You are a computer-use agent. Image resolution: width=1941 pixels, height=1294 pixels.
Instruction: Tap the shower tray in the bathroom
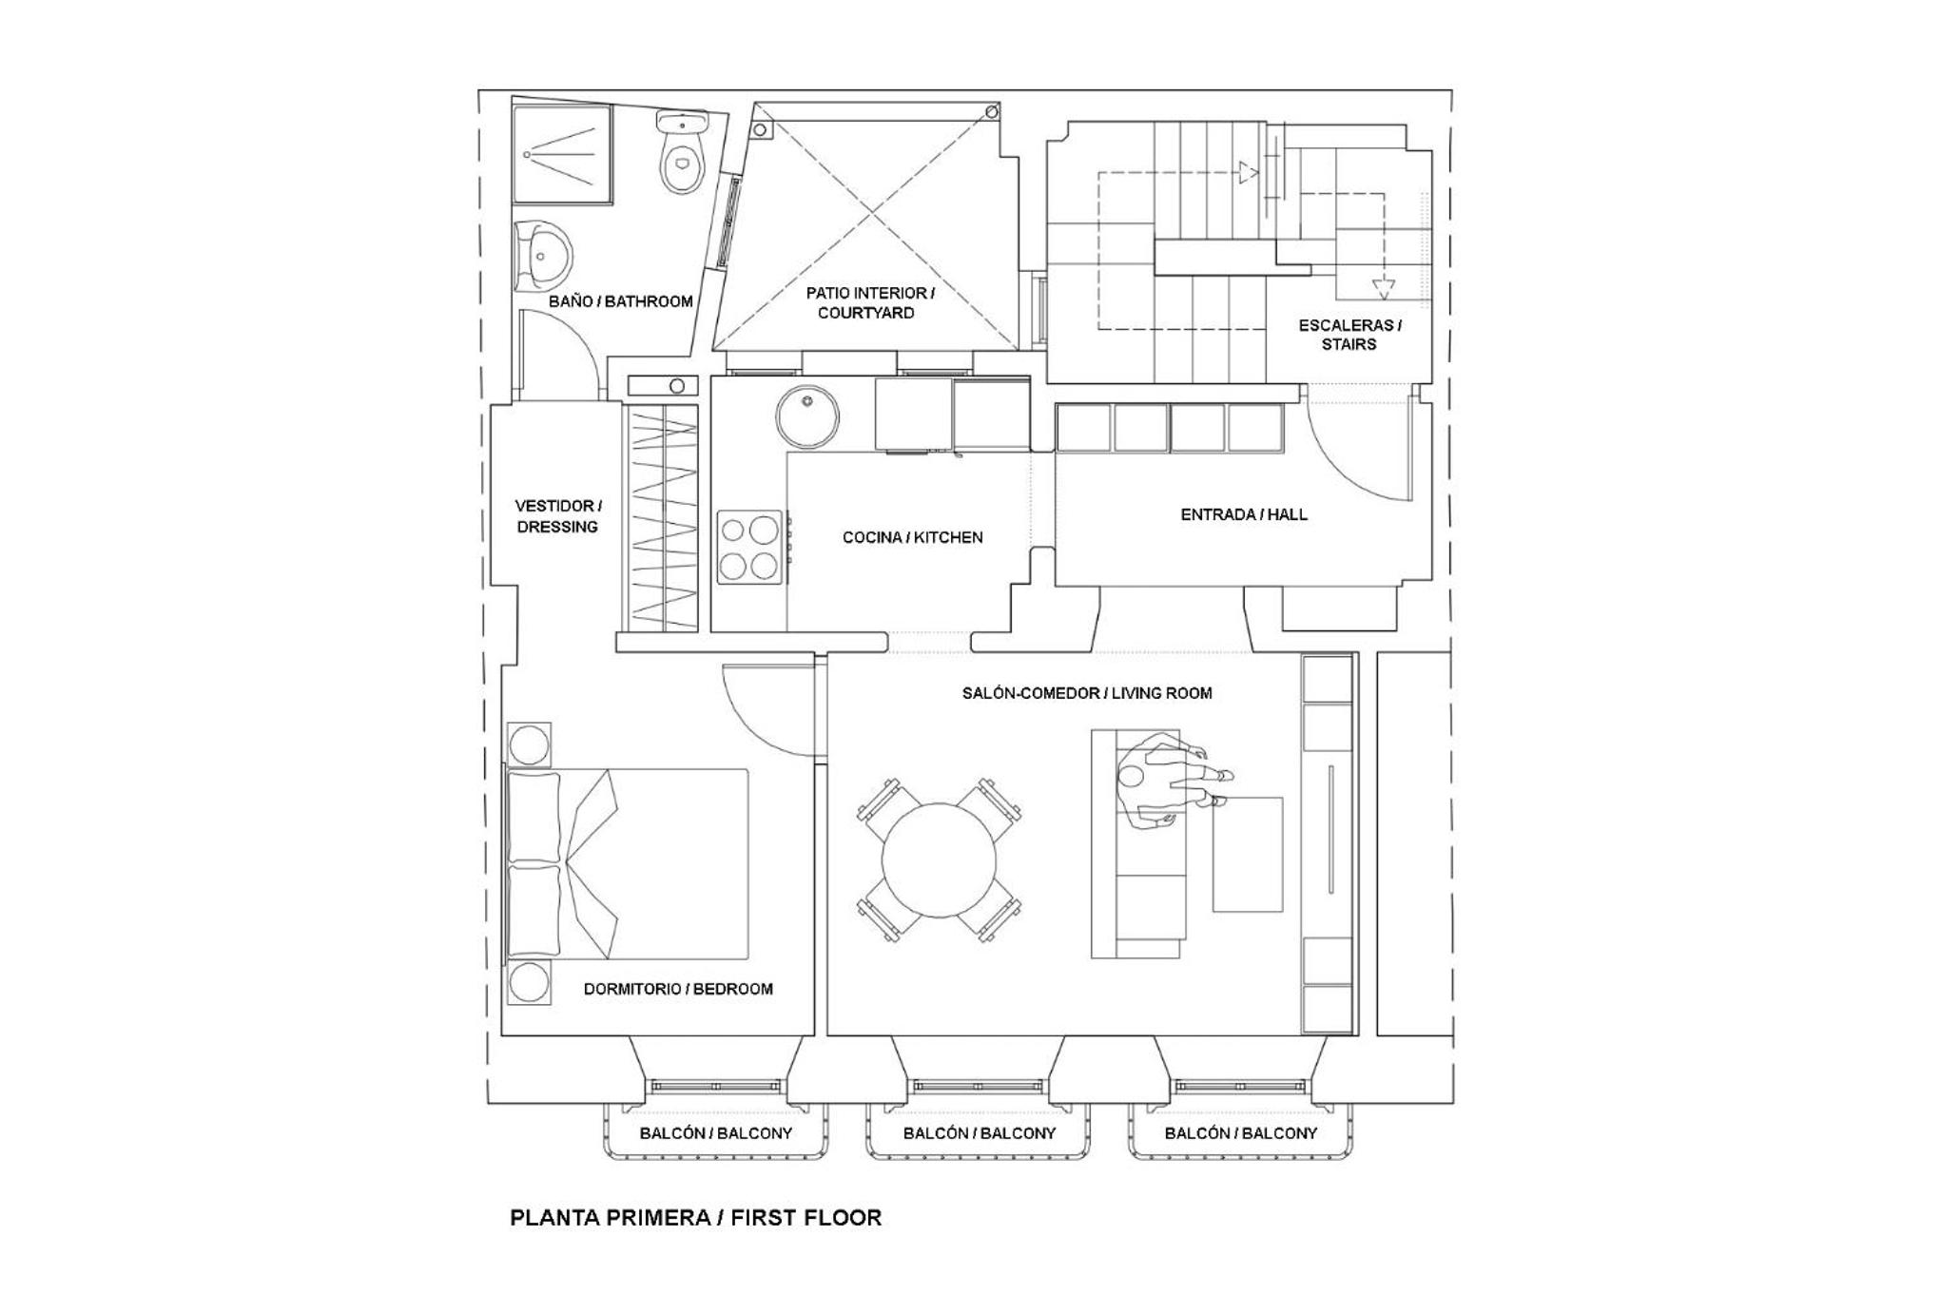[x=562, y=154]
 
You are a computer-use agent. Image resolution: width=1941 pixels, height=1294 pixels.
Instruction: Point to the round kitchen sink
[x=807, y=416]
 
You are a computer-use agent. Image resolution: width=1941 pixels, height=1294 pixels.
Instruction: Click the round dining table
[x=939, y=860]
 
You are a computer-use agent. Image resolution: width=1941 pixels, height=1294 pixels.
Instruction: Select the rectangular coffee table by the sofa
[x=1247, y=855]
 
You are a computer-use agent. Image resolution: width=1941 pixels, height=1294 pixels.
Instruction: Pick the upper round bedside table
[x=529, y=744]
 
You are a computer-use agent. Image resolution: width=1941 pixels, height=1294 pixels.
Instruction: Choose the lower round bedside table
[x=530, y=983]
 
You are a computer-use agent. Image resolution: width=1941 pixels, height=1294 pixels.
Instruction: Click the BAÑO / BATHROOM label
[x=620, y=301]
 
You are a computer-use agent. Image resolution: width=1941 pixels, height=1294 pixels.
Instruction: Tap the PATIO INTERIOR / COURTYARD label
[x=869, y=302]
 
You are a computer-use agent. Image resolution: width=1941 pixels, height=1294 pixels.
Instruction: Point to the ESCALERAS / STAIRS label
[x=1349, y=335]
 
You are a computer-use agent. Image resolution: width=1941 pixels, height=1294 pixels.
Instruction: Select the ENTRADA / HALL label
[x=1244, y=514]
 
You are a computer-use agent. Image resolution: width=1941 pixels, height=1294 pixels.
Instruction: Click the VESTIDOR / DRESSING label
[x=558, y=516]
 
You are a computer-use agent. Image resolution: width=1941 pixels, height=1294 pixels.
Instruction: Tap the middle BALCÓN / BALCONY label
[x=980, y=1133]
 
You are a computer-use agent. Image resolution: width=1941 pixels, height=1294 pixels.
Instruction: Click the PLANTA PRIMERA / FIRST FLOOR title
[x=696, y=1218]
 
